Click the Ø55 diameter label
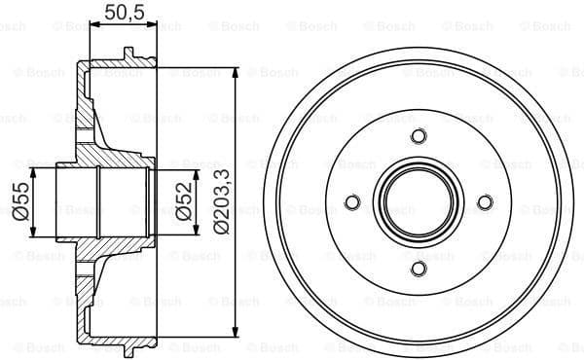click(x=19, y=201)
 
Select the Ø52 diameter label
click(x=182, y=201)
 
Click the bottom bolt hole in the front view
click(x=419, y=269)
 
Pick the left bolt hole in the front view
click(x=352, y=202)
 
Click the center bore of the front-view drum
click(x=419, y=202)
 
